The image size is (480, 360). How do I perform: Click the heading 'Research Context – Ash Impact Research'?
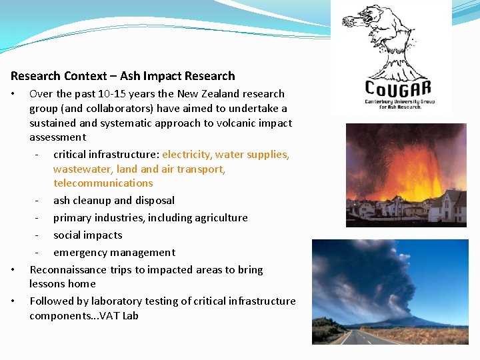[x=123, y=76]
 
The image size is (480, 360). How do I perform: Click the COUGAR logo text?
[x=398, y=88]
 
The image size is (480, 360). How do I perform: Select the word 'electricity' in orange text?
[x=187, y=155]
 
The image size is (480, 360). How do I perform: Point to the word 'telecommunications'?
[x=103, y=183]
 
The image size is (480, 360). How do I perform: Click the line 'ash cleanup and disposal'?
[x=114, y=201]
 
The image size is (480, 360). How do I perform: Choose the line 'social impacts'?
[x=88, y=235]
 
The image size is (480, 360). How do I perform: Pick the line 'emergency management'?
[x=115, y=253]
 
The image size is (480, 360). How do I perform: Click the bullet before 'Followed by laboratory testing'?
[x=14, y=301]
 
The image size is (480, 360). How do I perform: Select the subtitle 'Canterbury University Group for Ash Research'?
[x=398, y=104]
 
